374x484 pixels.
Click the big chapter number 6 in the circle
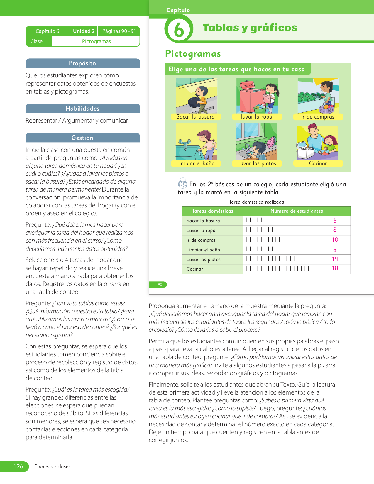(x=179, y=30)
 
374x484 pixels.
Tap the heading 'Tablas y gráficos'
(x=250, y=28)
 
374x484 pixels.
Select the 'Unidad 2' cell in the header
(x=84, y=31)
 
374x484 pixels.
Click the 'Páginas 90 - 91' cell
(x=119, y=31)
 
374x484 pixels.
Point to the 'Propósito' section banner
(x=82, y=63)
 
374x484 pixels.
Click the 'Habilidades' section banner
(x=82, y=109)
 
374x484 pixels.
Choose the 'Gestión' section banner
(x=82, y=138)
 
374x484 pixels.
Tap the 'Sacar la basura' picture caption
(x=195, y=117)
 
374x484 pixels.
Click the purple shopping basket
(x=327, y=109)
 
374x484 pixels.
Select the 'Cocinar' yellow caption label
(x=318, y=163)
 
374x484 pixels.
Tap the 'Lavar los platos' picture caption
(x=257, y=163)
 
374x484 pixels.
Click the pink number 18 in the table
(x=335, y=268)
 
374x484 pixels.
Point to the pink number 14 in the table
(x=335, y=259)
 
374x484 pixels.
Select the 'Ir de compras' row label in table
(x=201, y=240)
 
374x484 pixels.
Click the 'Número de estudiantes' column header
(x=297, y=211)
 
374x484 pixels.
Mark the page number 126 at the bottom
(x=18, y=466)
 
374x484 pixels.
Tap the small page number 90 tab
(x=160, y=285)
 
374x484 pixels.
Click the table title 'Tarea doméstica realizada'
(x=256, y=202)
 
